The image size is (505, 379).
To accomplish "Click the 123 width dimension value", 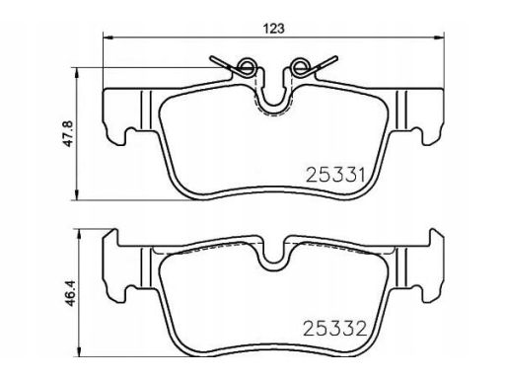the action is [x=273, y=29].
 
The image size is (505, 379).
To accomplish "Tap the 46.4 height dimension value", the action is [x=70, y=293].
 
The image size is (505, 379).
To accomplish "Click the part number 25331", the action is [x=335, y=175].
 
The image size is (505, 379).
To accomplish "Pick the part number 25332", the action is [x=335, y=329].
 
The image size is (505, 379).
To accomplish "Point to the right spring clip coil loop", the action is [x=300, y=66].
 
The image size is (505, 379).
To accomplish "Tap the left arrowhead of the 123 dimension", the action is [x=108, y=37].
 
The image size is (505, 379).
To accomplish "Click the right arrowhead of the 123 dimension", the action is [x=439, y=37].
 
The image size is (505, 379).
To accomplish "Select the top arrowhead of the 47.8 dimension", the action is [x=77, y=73].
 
